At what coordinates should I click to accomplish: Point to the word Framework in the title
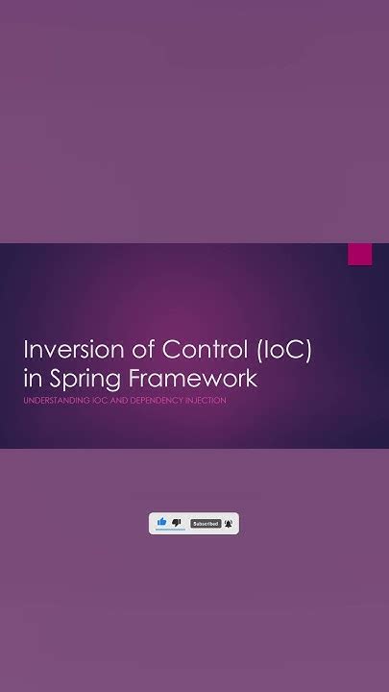click(201, 378)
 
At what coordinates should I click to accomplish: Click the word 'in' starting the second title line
click(34, 378)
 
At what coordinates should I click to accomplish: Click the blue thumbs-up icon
click(161, 522)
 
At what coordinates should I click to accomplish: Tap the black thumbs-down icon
click(177, 522)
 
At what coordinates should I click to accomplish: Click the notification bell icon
click(229, 523)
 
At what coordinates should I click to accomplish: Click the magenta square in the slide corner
click(359, 254)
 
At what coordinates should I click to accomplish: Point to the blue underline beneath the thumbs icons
click(169, 531)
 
